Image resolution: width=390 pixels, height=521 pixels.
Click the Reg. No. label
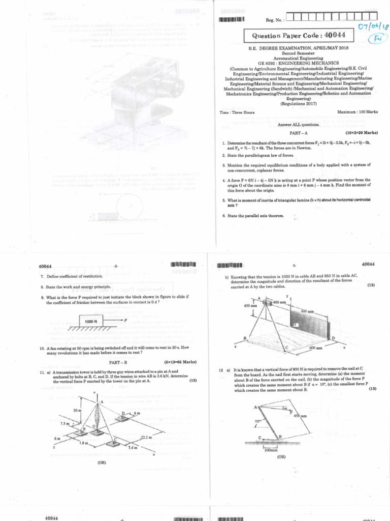pyautogui.click(x=275, y=20)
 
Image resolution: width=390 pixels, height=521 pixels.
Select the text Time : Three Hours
pyautogui.click(x=237, y=111)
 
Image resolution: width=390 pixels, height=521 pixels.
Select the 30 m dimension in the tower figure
pyautogui.click(x=76, y=410)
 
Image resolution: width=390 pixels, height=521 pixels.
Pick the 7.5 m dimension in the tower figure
pyautogui.click(x=65, y=423)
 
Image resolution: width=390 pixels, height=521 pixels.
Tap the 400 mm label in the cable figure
pyautogui.click(x=280, y=302)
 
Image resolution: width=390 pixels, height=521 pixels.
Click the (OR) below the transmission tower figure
pyautogui.click(x=102, y=463)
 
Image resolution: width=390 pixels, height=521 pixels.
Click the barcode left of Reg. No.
pyautogui.click(x=232, y=20)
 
